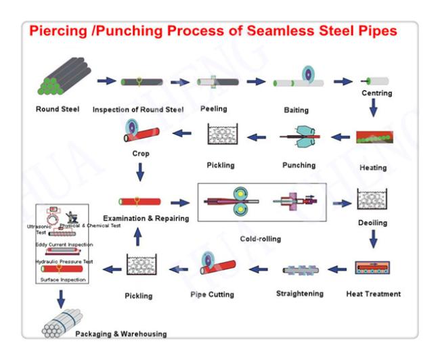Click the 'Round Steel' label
[x=58, y=109]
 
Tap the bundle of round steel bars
[x=64, y=76]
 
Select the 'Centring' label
[x=376, y=93]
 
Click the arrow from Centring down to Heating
[x=373, y=108]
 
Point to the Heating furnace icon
[x=374, y=137]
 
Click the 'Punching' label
[x=299, y=165]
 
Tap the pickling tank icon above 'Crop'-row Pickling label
[x=223, y=134]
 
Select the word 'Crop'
[x=141, y=154]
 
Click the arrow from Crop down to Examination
[x=140, y=173]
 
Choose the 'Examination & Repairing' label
[x=146, y=219]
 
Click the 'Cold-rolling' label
[x=261, y=239]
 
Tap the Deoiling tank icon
[x=372, y=199]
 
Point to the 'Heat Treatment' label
[x=373, y=294]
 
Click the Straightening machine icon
[x=301, y=270]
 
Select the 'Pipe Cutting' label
[x=212, y=294]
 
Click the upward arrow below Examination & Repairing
[x=137, y=237]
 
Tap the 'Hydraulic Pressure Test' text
[x=64, y=261]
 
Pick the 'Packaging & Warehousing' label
[x=121, y=334]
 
